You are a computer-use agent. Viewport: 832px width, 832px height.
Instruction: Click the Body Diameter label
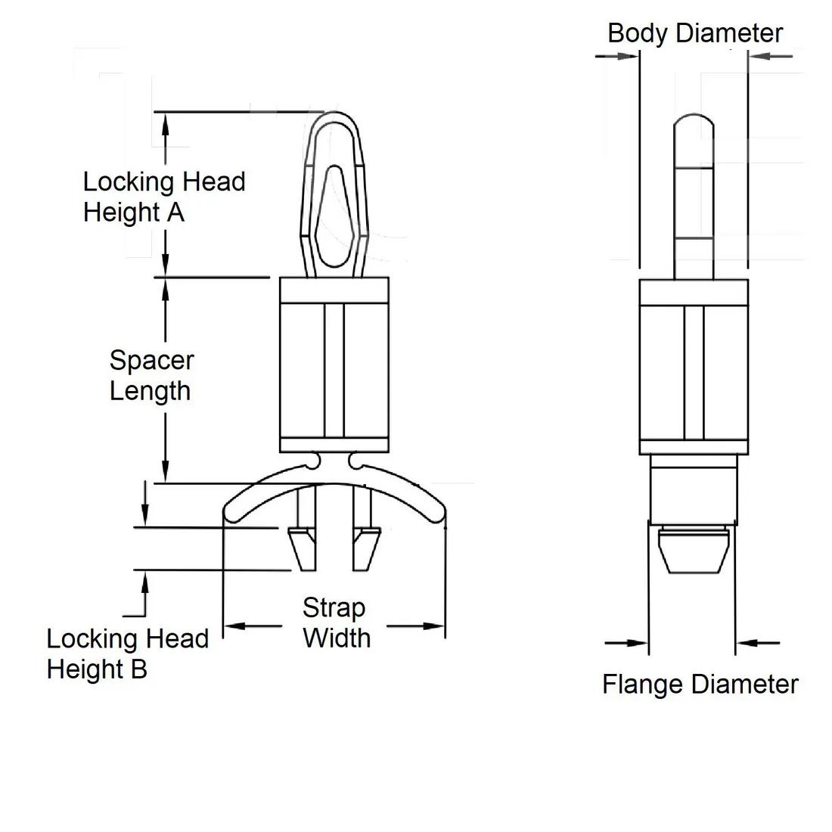point(694,33)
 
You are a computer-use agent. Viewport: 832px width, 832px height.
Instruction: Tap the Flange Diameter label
point(700,685)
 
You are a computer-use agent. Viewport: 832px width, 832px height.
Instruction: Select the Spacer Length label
point(151,375)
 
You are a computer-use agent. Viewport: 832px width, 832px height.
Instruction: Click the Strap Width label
point(336,622)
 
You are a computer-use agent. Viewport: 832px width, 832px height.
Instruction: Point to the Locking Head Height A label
point(164,197)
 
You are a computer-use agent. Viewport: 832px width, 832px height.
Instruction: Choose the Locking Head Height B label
point(127,653)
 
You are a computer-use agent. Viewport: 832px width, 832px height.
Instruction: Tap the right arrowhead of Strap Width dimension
point(434,626)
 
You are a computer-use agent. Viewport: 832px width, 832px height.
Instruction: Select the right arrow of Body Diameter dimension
point(758,55)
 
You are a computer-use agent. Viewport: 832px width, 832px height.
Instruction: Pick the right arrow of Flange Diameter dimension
point(746,644)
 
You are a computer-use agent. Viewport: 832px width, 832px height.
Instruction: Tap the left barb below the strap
point(303,550)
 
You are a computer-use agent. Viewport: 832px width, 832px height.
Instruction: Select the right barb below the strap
point(365,550)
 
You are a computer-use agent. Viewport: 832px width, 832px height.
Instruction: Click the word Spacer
point(151,360)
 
